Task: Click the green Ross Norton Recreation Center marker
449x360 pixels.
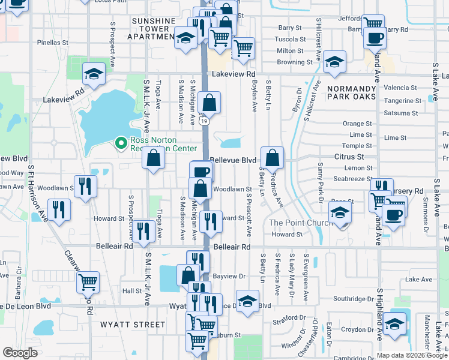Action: click(121, 143)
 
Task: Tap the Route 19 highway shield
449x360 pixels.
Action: click(204, 121)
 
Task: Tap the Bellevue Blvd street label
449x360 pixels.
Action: click(234, 161)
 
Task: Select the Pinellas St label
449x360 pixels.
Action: click(53, 43)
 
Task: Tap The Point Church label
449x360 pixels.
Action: click(300, 223)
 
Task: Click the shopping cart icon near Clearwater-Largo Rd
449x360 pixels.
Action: click(88, 281)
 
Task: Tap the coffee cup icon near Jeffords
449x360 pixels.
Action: click(376, 38)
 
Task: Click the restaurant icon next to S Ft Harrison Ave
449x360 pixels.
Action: click(58, 209)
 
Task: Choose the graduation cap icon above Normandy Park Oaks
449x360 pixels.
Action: click(334, 61)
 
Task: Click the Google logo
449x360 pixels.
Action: click(20, 353)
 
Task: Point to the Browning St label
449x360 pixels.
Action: click(294, 62)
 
